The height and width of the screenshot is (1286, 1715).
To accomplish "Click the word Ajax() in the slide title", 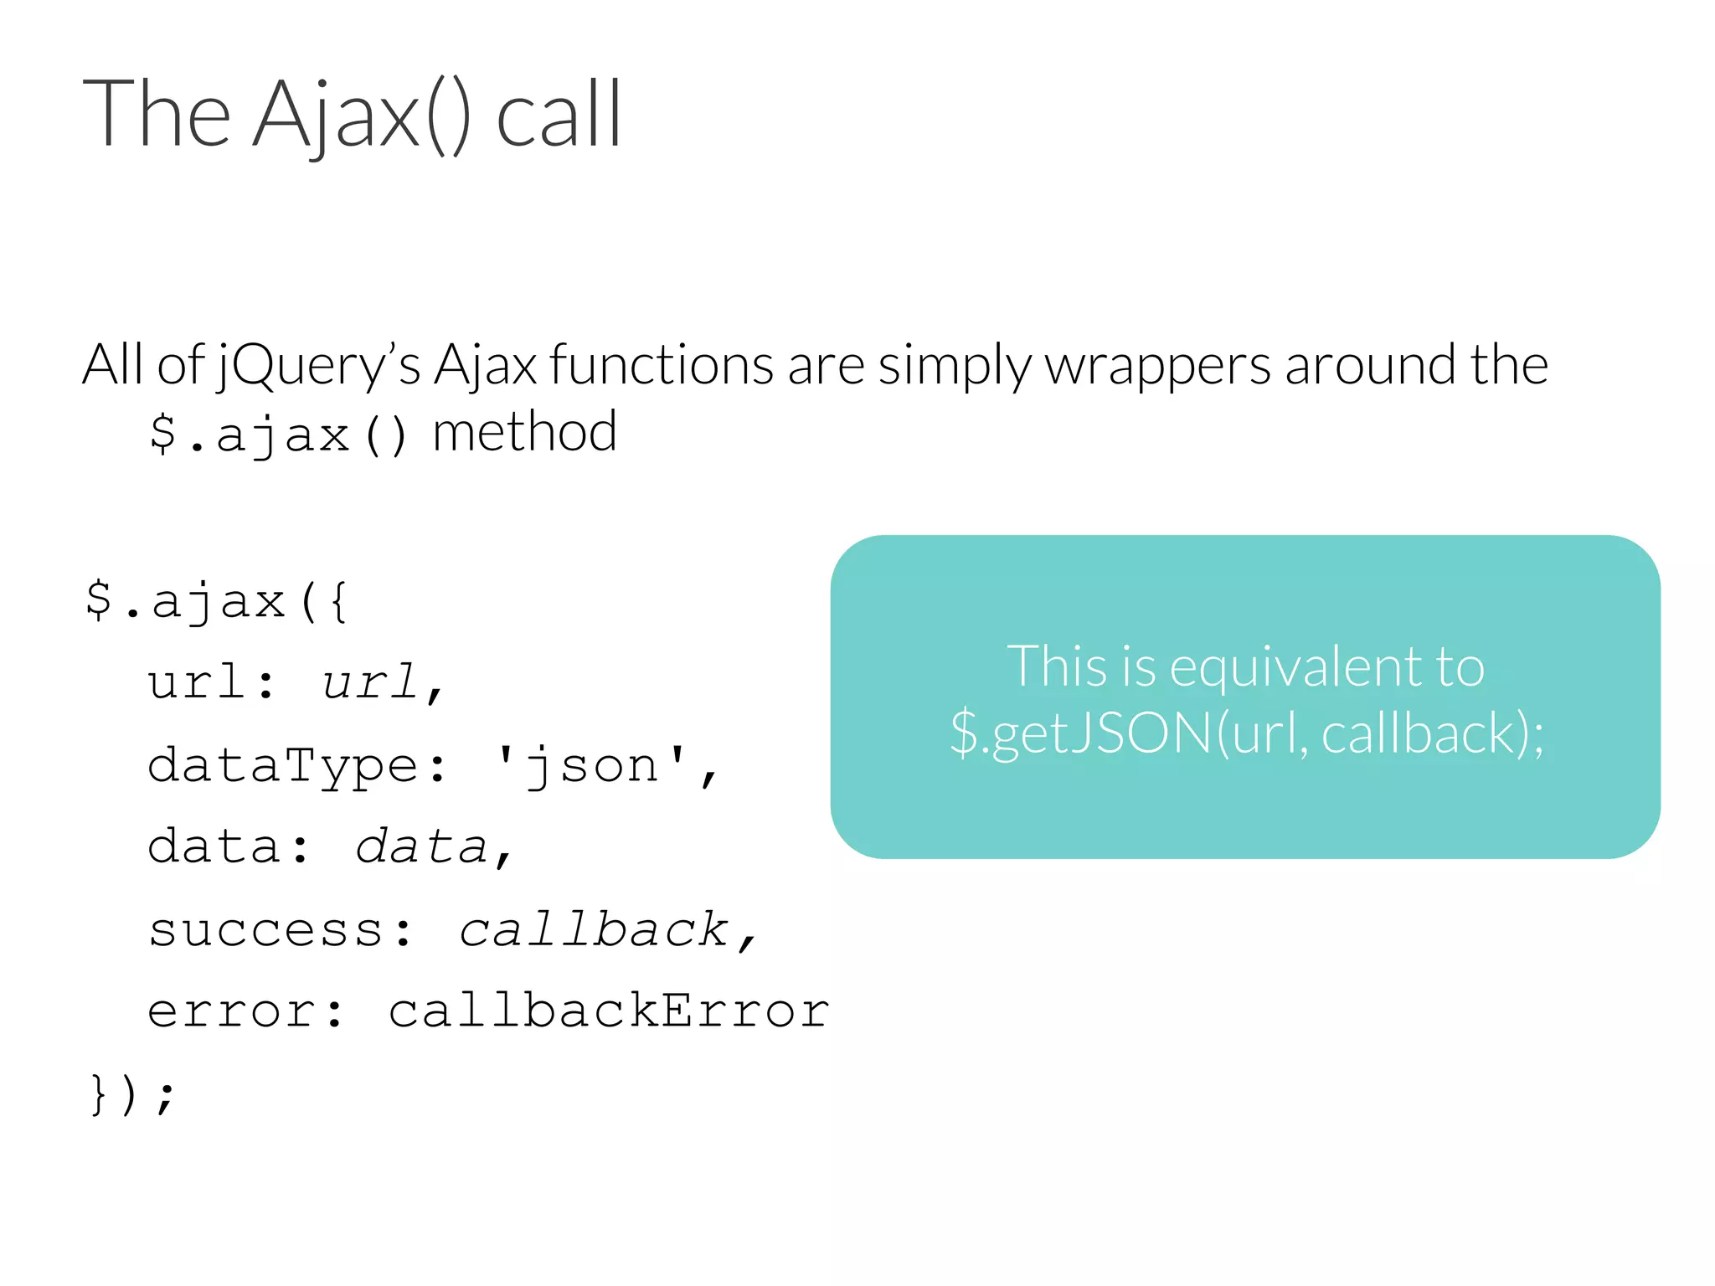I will (360, 116).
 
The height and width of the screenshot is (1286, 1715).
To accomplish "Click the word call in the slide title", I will (559, 116).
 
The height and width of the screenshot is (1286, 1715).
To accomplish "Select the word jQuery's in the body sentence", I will (318, 366).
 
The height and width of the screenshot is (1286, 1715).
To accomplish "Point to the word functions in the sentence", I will (662, 366).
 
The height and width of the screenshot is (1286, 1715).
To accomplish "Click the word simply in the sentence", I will (955, 366).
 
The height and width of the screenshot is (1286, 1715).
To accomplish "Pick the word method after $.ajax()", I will (525, 433).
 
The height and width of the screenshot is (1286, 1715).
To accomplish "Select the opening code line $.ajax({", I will (218, 601).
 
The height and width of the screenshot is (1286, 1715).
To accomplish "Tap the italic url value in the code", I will (370, 682).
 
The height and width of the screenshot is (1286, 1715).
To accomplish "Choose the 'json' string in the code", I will (591, 765).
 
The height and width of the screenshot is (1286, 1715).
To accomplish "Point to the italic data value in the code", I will (421, 846).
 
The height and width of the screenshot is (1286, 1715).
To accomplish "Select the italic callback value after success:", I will (594, 929).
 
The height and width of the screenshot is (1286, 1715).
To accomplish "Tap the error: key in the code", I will (245, 1011).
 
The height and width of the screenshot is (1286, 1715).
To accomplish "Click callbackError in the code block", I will (609, 1011).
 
